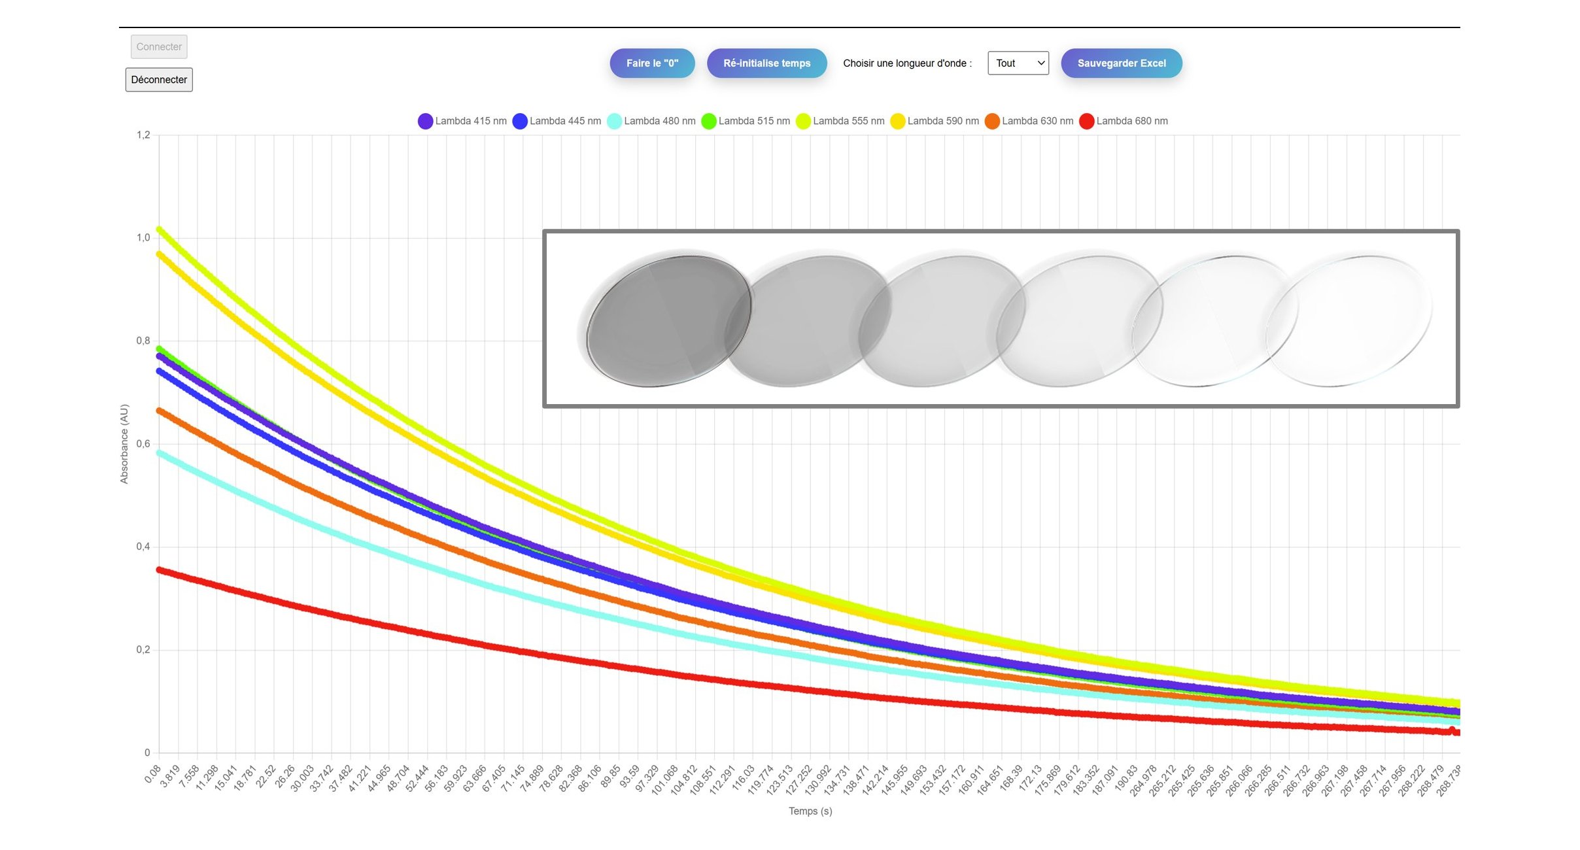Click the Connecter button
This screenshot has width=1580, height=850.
pyautogui.click(x=159, y=47)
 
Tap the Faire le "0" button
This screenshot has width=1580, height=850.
pyautogui.click(x=652, y=63)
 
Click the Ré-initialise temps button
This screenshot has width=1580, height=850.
pyautogui.click(x=766, y=63)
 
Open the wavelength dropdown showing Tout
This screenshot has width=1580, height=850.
pyautogui.click(x=1018, y=63)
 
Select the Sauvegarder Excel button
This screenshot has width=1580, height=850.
pyautogui.click(x=1121, y=63)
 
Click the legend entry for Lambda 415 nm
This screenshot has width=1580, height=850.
pyautogui.click(x=462, y=121)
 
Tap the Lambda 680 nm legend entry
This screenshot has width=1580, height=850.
pyautogui.click(x=1124, y=121)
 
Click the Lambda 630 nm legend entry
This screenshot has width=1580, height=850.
pyautogui.click(x=1029, y=121)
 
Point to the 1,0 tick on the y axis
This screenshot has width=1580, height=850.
pyautogui.click(x=143, y=238)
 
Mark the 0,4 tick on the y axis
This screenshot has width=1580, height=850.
pyautogui.click(x=143, y=547)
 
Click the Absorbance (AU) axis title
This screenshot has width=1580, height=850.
pyautogui.click(x=124, y=444)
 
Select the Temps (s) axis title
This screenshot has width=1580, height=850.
pyautogui.click(x=810, y=811)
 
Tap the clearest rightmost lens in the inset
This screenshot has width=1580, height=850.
pyautogui.click(x=1348, y=321)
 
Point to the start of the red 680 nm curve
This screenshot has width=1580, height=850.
pyautogui.click(x=160, y=570)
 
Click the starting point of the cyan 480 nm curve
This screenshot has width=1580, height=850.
pyautogui.click(x=160, y=452)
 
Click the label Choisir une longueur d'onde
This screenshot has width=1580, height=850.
pyautogui.click(x=907, y=63)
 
